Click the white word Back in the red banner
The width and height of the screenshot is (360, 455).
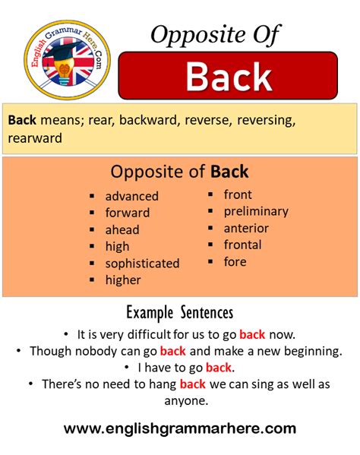[229, 77]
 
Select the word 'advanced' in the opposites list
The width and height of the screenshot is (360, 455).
[132, 196]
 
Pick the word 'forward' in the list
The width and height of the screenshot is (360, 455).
[128, 213]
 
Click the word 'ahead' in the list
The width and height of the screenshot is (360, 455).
[122, 229]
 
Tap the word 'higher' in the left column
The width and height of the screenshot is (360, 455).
[123, 280]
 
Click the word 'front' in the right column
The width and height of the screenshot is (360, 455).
[238, 194]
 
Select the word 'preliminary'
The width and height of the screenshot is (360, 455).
[256, 211]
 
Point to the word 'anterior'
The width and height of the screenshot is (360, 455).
[246, 228]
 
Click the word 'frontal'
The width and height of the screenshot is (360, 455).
[242, 245]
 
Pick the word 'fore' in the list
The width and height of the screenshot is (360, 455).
[235, 261]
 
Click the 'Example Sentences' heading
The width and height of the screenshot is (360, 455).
[179, 312]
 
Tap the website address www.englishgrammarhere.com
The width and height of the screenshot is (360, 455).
[180, 428]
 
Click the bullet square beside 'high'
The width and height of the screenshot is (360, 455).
[91, 246]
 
